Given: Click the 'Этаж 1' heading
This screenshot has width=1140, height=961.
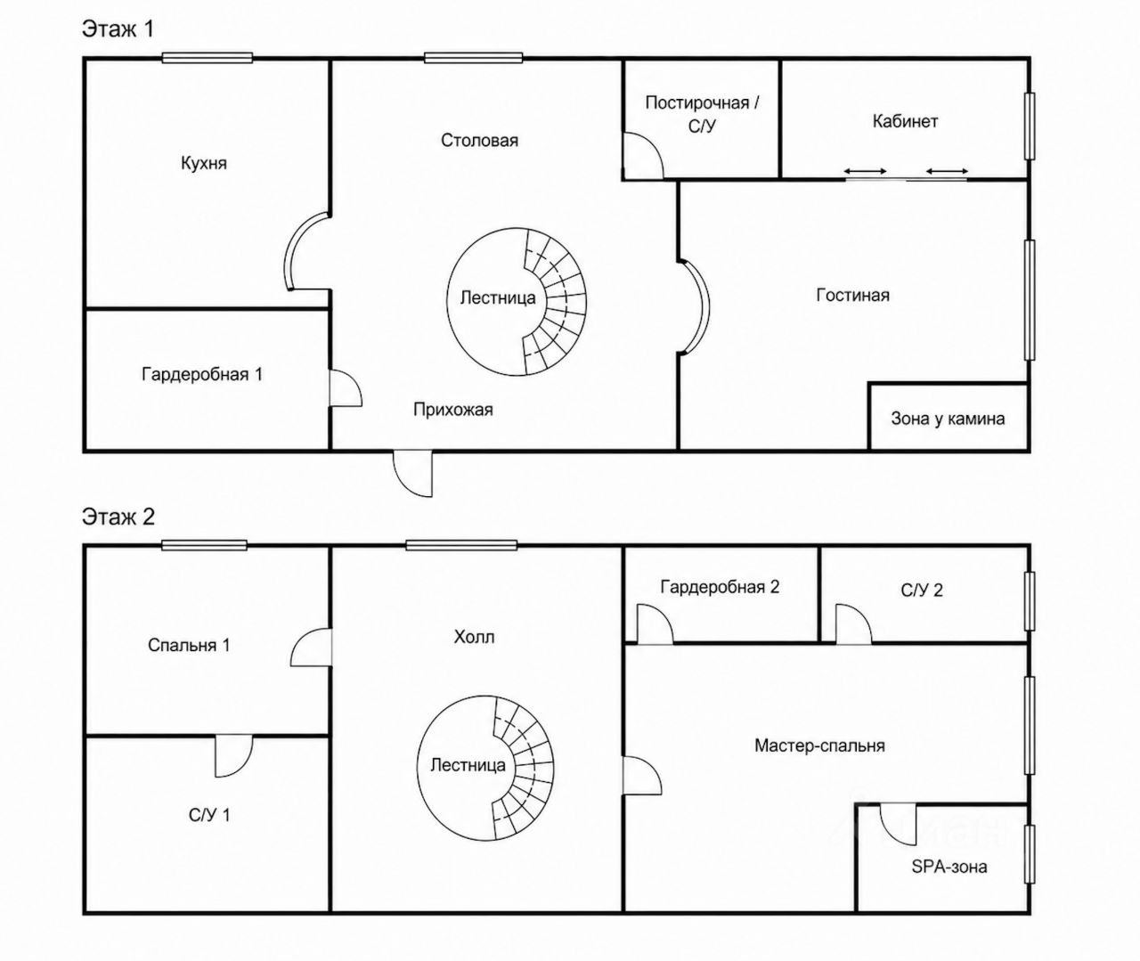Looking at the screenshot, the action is tap(118, 29).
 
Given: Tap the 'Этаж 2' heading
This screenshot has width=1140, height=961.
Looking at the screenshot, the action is tap(118, 517).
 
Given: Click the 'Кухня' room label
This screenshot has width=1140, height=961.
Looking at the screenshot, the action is tap(204, 163).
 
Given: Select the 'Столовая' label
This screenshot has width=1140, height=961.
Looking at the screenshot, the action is tap(479, 141).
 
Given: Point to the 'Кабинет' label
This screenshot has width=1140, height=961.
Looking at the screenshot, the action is tap(905, 120).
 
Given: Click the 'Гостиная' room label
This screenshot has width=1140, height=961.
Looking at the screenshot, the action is tap(853, 295).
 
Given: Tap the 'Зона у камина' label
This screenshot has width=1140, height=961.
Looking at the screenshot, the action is tap(948, 419).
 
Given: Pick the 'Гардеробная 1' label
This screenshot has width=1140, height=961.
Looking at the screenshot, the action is tap(202, 374).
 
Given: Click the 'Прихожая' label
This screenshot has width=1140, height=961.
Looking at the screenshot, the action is tap(453, 410).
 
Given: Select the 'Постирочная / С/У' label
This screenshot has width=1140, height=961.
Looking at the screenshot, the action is tap(702, 114).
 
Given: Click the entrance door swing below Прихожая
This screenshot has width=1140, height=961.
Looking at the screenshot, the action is tap(413, 474).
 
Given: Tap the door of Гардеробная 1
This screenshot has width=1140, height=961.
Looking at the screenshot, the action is tap(345, 389).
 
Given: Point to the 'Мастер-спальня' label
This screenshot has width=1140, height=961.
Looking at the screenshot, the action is tap(819, 745).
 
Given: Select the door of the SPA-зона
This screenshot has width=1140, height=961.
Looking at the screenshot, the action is tap(898, 825).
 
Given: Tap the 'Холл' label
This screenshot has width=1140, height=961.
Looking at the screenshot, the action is tap(474, 637).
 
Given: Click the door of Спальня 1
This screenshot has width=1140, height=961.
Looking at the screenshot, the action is tap(311, 647).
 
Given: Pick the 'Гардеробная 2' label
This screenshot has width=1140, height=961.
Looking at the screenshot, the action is tap(720, 587).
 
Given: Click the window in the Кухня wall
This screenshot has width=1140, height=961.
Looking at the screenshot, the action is tap(208, 58).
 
